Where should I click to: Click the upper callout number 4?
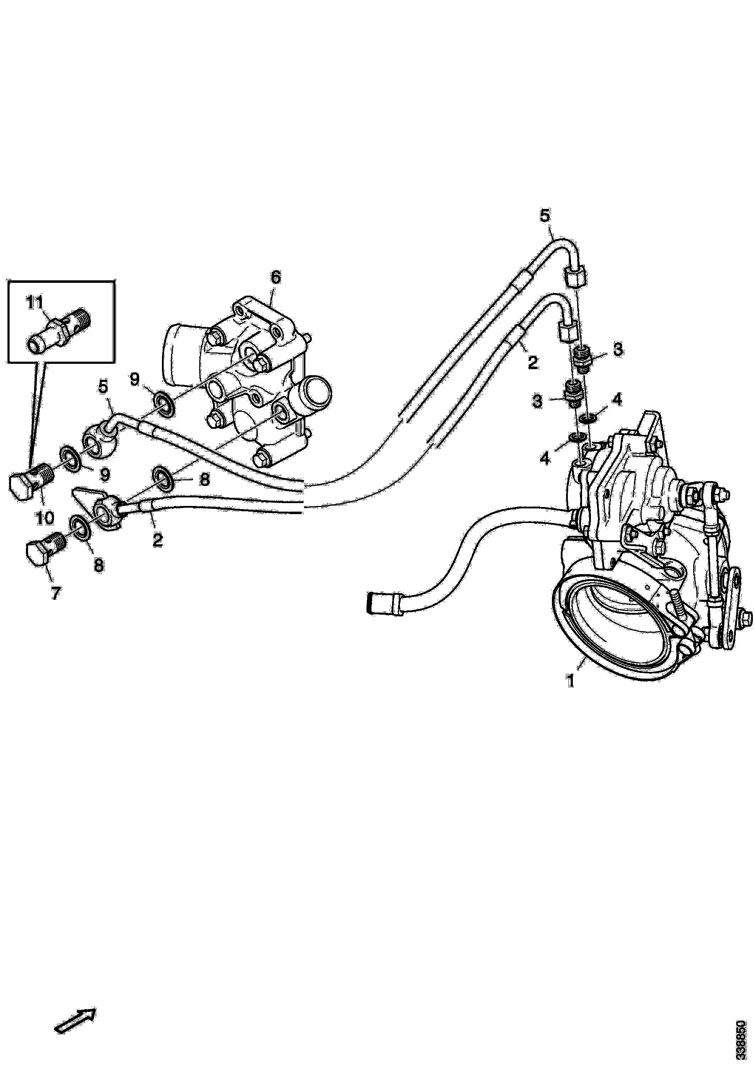click(617, 400)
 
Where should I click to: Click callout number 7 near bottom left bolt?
click(55, 594)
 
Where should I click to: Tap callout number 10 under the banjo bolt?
click(45, 517)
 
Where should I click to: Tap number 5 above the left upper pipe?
click(103, 387)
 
